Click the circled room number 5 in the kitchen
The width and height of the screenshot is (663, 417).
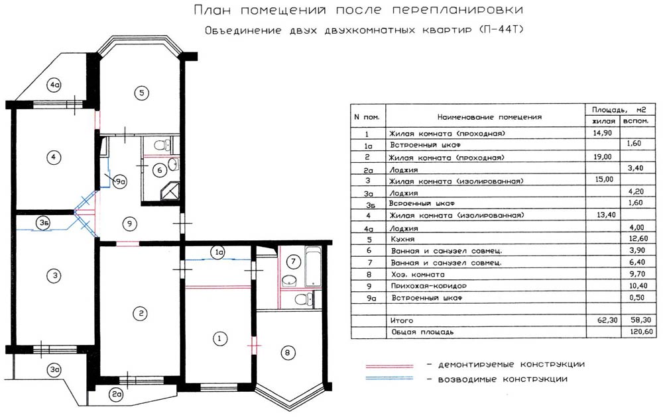pos(142,93)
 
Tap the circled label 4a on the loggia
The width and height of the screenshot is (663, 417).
pos(54,85)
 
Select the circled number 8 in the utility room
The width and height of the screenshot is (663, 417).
pos(288,352)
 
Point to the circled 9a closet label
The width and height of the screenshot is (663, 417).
pos(120,182)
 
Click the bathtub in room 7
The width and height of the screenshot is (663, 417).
pos(312,266)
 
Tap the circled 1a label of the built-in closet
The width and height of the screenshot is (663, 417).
pos(219,252)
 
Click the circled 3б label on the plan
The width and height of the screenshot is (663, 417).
pos(43,223)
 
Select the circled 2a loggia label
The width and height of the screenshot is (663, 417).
pos(116,394)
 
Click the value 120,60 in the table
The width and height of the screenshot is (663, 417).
pos(641,332)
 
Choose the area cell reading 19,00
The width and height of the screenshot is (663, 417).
pos(603,157)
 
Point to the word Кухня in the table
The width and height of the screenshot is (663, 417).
pos(402,240)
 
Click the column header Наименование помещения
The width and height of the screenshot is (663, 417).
pos(489,117)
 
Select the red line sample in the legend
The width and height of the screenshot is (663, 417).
pos(389,365)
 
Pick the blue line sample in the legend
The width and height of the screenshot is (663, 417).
pos(389,379)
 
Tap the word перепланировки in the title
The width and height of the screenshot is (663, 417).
pos(457,10)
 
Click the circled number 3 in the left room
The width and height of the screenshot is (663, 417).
pos(54,276)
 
